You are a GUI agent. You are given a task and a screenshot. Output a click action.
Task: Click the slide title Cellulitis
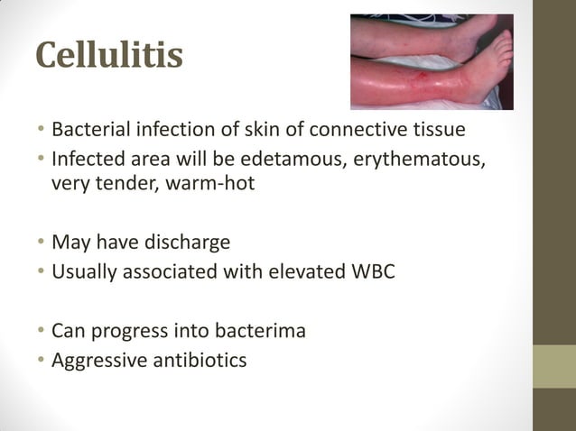109,55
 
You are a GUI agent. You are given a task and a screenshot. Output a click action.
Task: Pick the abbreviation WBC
371,271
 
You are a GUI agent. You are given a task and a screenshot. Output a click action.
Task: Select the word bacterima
258,331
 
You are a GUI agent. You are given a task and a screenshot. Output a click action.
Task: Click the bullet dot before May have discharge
41,243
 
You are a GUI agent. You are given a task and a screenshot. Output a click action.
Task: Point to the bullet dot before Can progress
41,332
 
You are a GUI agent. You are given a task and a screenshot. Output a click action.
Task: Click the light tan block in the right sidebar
554,367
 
